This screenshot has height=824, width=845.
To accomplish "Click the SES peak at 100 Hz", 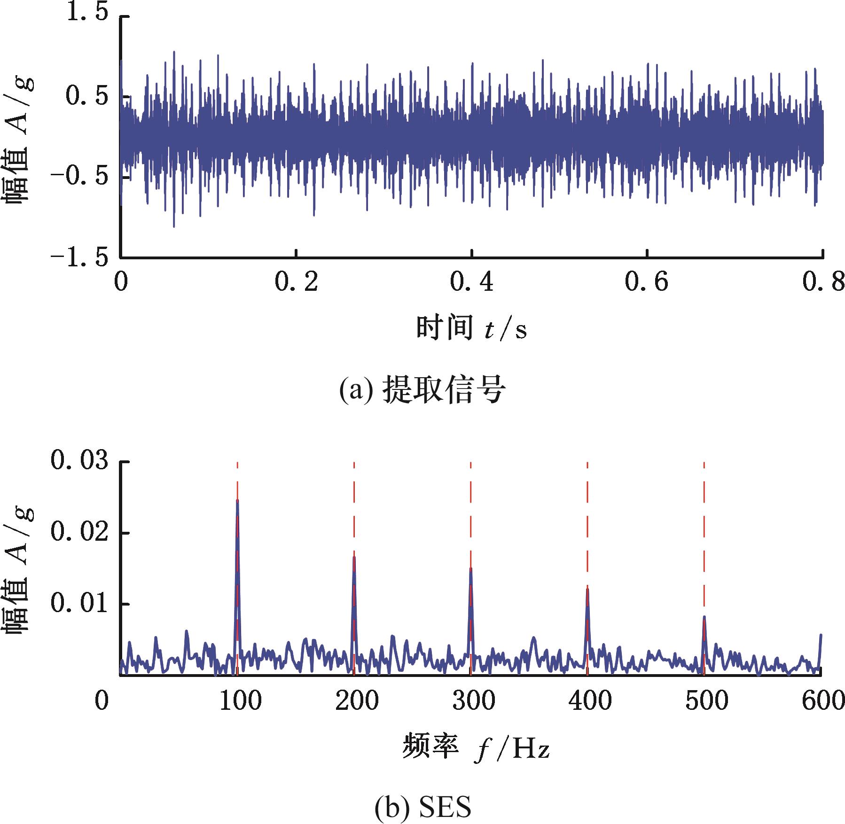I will tap(237, 502).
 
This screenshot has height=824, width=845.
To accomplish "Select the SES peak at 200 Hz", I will tap(354, 558).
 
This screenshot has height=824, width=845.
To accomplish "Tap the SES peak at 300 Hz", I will tap(470, 569).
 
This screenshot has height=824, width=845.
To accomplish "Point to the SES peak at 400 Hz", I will tap(587, 590).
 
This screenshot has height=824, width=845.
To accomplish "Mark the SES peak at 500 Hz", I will tap(704, 618).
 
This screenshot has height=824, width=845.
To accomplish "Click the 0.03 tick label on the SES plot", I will tap(79, 462).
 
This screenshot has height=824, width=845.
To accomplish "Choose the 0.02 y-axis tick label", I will tap(79, 533).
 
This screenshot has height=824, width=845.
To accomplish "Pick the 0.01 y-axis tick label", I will tap(79, 604).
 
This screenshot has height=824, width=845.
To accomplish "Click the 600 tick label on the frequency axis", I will tap(823, 701).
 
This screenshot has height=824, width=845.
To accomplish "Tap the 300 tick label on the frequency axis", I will tap(474, 701).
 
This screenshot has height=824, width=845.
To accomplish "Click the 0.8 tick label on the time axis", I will tap(823, 283).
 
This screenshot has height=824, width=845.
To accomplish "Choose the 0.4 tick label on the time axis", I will tap(472, 283).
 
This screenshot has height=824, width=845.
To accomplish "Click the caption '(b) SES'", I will tap(422, 807).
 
